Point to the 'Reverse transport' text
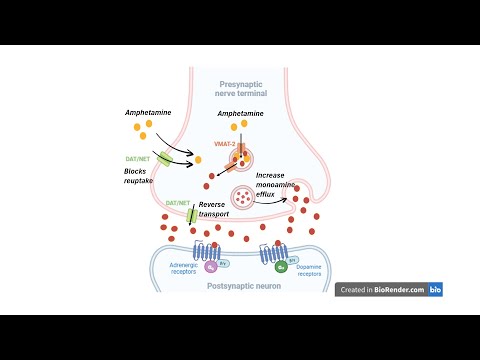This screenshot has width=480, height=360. pyautogui.click(x=217, y=210)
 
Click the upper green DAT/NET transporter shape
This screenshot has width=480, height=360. pyautogui.click(x=165, y=158)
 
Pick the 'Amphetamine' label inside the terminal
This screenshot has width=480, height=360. pyautogui.click(x=240, y=115)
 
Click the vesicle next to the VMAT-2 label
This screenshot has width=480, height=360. pyautogui.click(x=241, y=156)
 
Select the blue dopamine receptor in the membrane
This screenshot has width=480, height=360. pyautogui.click(x=274, y=255)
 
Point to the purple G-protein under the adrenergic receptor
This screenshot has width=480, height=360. pyautogui.click(x=211, y=268)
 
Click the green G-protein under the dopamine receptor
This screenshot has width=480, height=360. pyautogui.click(x=282, y=268)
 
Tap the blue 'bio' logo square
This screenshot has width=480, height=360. pyautogui.click(x=436, y=289)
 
